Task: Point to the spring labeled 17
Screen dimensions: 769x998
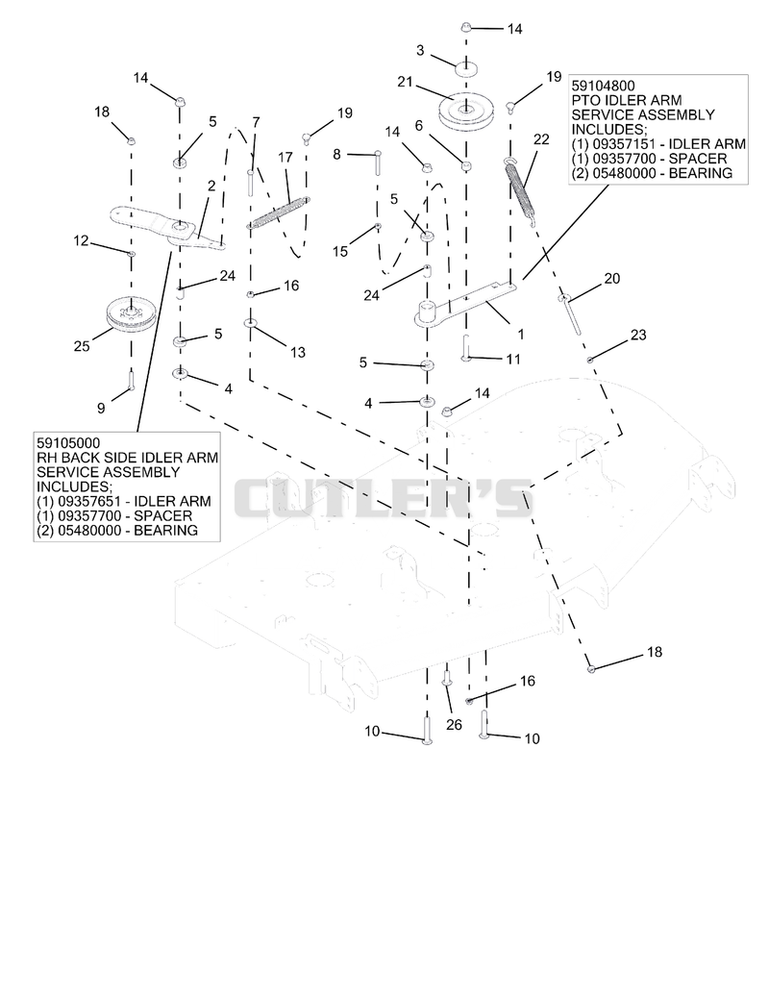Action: coord(279,212)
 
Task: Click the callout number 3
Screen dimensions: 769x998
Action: coord(420,50)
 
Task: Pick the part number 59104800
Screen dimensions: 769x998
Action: coord(603,86)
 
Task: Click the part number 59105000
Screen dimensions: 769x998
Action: coord(68,442)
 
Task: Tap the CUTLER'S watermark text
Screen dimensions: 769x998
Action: coord(382,498)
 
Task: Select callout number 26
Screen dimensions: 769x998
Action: coord(454,725)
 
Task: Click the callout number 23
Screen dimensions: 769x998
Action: coord(638,335)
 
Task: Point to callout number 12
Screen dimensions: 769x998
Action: coord(81,241)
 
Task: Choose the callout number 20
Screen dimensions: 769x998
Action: coord(611,278)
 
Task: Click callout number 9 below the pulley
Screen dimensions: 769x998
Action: coord(101,408)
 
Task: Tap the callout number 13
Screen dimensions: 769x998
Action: coord(298,353)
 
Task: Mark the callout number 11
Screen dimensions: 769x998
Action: coord(513,359)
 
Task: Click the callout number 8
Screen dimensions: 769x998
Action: coord(336,154)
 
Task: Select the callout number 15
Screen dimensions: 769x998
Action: coord(340,251)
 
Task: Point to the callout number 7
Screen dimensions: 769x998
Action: coord(256,121)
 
